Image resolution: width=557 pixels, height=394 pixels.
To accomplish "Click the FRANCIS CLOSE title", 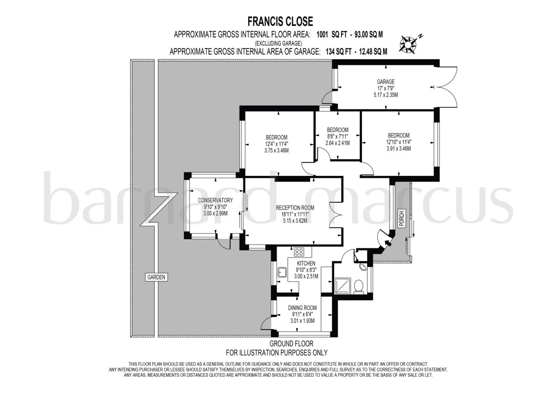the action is coord(280,21).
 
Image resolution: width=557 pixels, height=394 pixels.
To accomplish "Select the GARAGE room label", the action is coord(386,82).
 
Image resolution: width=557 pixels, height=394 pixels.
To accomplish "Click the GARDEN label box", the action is coord(157,277).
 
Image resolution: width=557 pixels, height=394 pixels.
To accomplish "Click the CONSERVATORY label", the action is coord(215,200).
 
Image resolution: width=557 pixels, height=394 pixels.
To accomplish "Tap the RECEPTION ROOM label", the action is coord(295,208).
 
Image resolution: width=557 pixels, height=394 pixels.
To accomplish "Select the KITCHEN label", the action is coord(306,263).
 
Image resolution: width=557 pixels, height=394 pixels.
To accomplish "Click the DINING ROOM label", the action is coord(303,308).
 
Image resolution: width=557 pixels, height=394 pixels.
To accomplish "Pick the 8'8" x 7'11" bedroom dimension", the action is coord(338,136).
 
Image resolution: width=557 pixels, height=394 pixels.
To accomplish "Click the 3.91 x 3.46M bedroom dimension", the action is coord(399,148).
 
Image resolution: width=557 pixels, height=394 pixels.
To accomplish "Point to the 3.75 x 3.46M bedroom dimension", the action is coord(277,150).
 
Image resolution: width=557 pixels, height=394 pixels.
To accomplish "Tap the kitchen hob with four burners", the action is coord(299,252).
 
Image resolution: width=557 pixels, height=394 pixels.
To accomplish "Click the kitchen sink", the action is coord(283,273).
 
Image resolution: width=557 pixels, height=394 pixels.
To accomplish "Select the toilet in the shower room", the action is coord(359,286).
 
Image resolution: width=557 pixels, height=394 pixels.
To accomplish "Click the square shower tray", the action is coord(342,286).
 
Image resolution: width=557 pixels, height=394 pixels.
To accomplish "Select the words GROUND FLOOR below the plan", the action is coord(291,344).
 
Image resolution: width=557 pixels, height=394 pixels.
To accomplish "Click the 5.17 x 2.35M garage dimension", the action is coord(386,95).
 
